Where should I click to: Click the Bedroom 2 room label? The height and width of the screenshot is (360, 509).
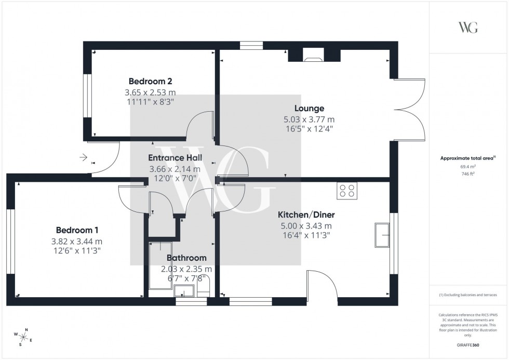point(150,82)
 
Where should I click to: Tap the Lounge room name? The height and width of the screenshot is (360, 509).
point(309,109)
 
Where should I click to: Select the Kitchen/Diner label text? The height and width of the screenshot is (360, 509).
point(306,215)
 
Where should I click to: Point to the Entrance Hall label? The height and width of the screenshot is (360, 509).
point(175,158)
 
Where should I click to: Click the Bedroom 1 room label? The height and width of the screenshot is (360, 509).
point(77,230)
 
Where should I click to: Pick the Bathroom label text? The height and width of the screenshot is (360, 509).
point(186,258)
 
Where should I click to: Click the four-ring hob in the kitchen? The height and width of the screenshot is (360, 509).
point(346,191)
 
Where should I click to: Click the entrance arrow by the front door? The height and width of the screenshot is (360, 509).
point(83,157)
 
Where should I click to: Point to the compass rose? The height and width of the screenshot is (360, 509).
point(24,337)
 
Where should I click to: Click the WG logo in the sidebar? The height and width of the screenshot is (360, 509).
point(467,28)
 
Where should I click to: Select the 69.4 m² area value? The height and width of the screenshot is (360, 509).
point(467,167)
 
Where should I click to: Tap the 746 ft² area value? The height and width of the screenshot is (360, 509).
point(467,174)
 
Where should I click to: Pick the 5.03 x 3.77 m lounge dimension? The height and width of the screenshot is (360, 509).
point(309,119)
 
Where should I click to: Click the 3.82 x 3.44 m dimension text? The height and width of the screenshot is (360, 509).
point(77,241)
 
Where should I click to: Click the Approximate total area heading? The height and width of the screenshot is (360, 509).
point(467,158)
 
